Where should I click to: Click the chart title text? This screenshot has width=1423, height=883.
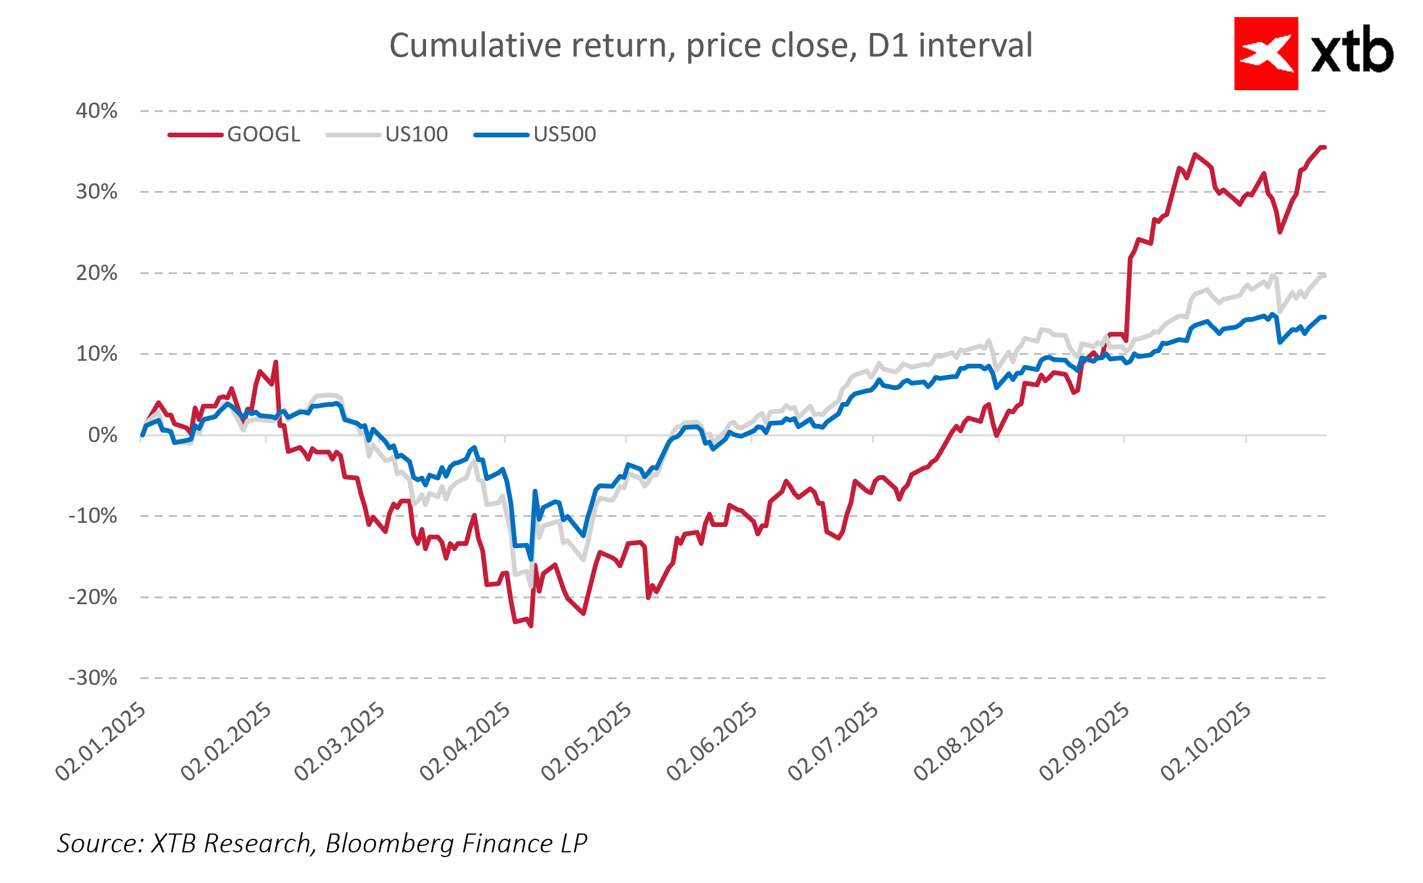pos(711,45)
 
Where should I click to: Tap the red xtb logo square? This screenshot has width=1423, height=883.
pos(1266,54)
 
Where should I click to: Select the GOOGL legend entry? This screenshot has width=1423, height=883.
pos(263,134)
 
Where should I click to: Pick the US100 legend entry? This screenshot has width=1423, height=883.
pos(416,134)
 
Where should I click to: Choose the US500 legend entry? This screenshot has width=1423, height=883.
pos(564,134)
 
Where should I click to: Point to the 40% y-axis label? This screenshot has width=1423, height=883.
pos(97,111)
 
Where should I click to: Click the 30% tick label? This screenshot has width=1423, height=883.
pos(97,192)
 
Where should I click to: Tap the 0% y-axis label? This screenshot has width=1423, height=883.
pos(103,435)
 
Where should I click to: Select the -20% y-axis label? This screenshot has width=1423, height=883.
pos(93,597)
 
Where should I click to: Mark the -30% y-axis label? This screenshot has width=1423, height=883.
pos(93,678)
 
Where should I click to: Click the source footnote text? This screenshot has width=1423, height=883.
pos(322,844)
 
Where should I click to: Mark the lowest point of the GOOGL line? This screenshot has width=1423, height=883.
pos(531,625)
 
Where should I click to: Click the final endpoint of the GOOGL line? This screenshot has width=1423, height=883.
pos(1324,147)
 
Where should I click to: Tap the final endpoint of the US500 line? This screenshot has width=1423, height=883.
pos(1324,317)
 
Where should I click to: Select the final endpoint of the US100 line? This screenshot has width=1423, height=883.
pos(1324,275)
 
